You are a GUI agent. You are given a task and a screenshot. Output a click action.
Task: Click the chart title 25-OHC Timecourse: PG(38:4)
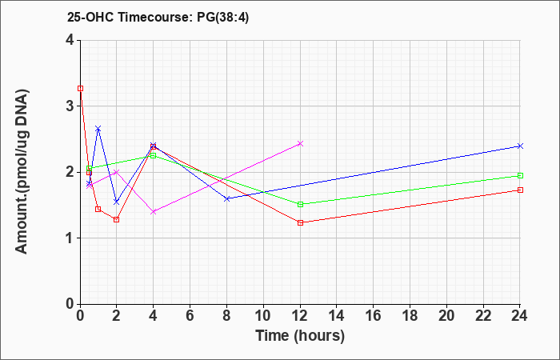(158, 18)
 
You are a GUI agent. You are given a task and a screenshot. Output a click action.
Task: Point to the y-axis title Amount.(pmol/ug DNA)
(22, 172)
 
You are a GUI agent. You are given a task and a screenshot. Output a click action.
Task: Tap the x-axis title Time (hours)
(300, 336)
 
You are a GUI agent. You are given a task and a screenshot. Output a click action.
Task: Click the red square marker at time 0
(80, 88)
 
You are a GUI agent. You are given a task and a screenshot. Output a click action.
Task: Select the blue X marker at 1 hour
(98, 128)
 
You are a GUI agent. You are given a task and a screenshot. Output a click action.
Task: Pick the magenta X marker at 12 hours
(300, 143)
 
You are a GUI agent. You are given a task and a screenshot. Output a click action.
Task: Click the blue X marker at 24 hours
(520, 146)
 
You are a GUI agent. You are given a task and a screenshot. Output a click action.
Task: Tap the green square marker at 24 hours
(520, 175)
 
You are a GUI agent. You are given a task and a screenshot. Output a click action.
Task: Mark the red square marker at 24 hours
(520, 190)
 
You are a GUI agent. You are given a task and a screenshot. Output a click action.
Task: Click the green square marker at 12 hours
(300, 204)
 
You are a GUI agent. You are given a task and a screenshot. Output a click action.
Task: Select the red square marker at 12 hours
(300, 223)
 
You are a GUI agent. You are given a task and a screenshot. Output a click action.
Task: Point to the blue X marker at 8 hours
(226, 198)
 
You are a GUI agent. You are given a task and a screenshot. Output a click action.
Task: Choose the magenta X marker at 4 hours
(154, 212)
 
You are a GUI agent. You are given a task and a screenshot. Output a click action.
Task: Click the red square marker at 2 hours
(117, 220)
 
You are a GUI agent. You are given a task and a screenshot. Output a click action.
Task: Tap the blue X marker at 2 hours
(117, 202)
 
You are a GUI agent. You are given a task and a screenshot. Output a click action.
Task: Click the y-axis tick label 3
(70, 106)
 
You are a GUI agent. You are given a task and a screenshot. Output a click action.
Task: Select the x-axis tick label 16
(374, 316)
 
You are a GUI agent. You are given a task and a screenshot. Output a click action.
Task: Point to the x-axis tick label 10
(263, 316)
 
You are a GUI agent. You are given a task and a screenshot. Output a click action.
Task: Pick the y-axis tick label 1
(70, 238)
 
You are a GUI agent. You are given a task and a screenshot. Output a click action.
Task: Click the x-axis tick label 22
(483, 316)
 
